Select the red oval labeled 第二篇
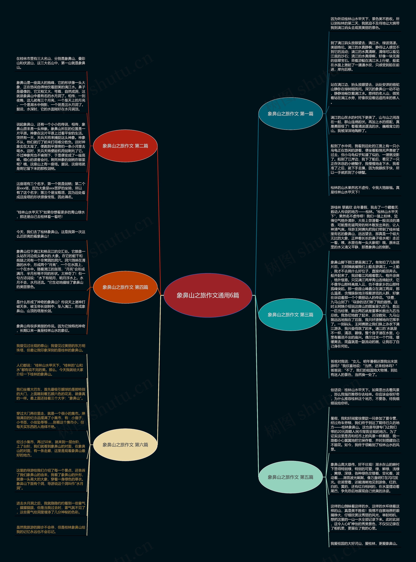(125, 146)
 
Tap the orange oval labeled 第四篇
(125, 287)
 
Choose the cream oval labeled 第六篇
(125, 445)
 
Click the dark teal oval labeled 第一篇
(290, 114)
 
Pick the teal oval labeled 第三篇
(290, 315)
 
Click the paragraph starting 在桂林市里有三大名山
(51, 63)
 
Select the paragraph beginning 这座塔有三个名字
(51, 190)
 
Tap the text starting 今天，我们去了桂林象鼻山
(51, 234)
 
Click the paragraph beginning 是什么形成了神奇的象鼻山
(51, 306)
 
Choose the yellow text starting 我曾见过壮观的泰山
(51, 348)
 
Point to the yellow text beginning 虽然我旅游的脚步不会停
(51, 529)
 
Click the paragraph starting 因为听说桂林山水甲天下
(365, 23)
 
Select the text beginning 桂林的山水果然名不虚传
(365, 190)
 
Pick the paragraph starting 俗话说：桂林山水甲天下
(365, 396)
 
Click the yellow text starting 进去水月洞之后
(51, 507)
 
